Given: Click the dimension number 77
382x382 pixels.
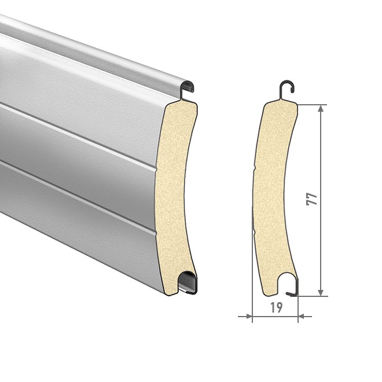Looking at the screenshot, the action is point(312,199).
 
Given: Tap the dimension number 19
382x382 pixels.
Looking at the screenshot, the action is point(276,307).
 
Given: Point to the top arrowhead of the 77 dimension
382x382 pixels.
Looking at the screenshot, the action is point(321,109).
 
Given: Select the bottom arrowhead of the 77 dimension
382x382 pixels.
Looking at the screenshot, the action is point(321,292).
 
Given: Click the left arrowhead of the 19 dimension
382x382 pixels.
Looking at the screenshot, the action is point(249,317).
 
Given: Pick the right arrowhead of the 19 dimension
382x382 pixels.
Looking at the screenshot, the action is point(302,317).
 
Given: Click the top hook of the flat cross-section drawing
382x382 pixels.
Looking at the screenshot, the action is point(288,86).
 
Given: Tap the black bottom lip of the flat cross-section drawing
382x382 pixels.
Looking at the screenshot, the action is point(293,289).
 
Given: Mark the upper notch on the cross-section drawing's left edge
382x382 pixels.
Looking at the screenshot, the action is point(255,167).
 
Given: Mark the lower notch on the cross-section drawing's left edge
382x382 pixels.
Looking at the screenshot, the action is point(254,232).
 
